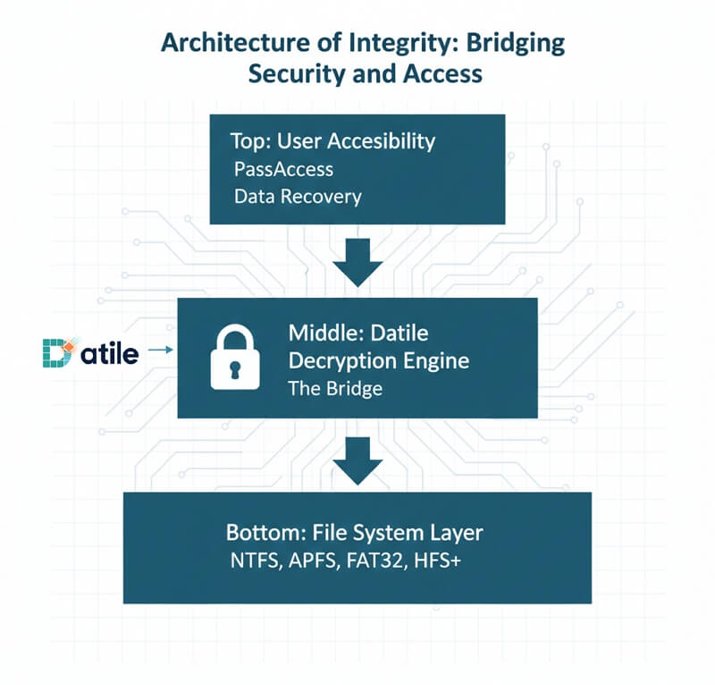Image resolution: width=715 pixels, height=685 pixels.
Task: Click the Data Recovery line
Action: coord(298,197)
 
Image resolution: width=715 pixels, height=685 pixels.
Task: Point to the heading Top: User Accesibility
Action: coord(333,140)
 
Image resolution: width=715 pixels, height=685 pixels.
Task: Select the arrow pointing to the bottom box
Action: coord(357,457)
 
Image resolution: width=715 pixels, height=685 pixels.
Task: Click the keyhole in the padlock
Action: coord(233,368)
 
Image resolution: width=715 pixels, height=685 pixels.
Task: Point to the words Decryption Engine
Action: coord(380,361)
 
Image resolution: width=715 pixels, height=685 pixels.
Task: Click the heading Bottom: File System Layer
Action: coord(355,533)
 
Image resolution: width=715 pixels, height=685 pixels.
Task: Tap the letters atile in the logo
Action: coord(109,354)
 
